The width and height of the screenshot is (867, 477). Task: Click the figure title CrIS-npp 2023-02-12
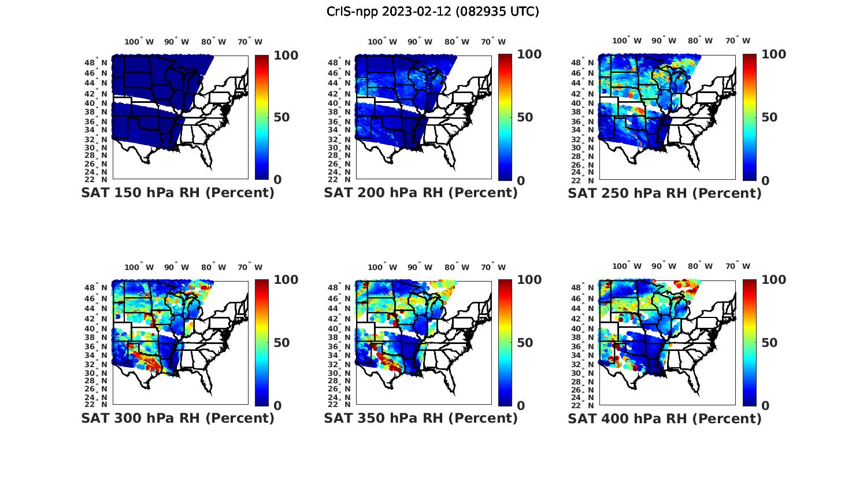click(432, 12)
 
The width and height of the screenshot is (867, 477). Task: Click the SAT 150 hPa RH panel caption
click(177, 193)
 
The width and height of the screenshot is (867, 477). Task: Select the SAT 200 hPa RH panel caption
click(421, 193)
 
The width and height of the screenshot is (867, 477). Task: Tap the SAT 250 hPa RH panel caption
click(665, 193)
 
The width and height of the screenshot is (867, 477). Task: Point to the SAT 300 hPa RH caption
click(177, 418)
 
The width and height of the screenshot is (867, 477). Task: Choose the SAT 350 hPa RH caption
click(421, 418)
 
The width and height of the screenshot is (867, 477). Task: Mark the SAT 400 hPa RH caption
click(665, 418)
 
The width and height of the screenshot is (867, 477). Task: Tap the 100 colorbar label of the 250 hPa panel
click(774, 54)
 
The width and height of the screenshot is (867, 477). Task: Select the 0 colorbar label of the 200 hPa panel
click(521, 180)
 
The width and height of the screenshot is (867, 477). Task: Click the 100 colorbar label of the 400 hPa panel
click(774, 280)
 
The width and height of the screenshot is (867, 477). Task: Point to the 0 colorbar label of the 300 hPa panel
click(277, 406)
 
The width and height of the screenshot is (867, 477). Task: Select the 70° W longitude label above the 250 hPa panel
click(738, 41)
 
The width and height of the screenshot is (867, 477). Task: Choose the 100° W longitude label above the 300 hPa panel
click(139, 267)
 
